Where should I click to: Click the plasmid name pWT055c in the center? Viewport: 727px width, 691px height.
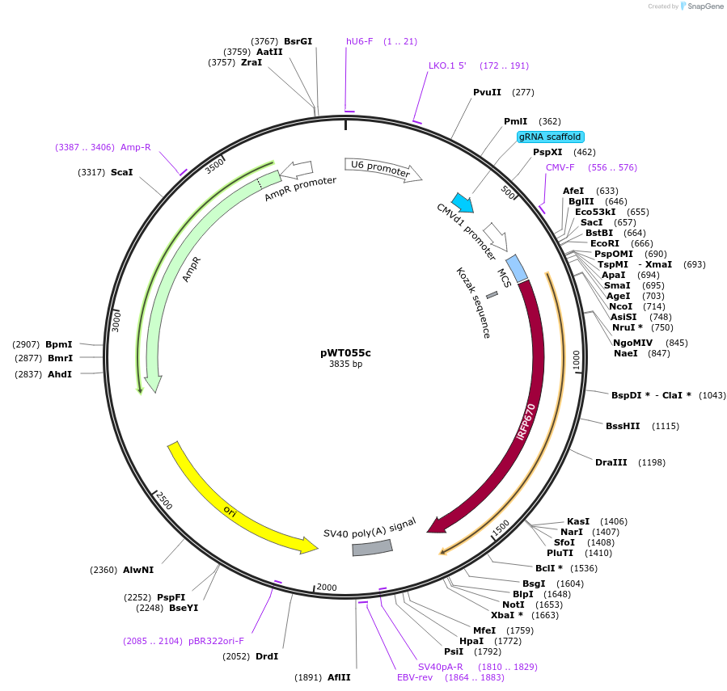(345, 352)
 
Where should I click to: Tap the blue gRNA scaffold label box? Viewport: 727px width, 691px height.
(551, 137)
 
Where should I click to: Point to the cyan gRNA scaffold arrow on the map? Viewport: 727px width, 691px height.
(463, 202)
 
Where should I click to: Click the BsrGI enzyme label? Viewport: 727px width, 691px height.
(298, 41)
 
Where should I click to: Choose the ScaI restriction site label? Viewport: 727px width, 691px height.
(122, 172)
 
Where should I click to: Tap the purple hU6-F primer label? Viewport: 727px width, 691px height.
(360, 41)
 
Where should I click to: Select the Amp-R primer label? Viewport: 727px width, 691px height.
(136, 147)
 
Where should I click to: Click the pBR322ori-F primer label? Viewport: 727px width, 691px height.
(216, 641)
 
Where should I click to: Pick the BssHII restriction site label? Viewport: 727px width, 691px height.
(623, 426)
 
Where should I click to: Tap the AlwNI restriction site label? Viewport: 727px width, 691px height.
(138, 570)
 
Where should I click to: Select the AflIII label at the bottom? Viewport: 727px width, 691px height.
(339, 677)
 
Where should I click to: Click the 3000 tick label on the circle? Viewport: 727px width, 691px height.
(116, 320)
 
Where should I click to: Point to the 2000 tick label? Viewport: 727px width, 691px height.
(326, 587)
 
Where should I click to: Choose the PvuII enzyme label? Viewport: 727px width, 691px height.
(488, 92)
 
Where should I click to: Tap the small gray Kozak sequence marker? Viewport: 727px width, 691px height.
(492, 295)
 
